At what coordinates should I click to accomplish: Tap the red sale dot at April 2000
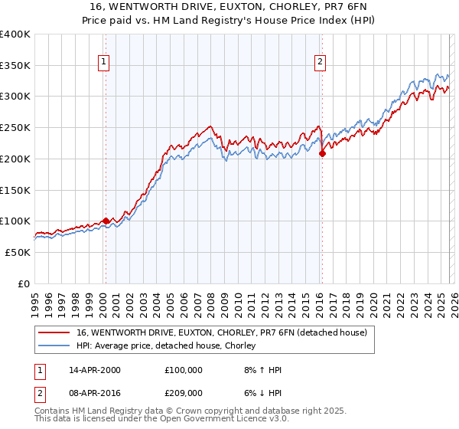106,221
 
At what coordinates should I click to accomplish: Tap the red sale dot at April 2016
322,153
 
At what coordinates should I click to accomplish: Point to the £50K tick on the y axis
18,252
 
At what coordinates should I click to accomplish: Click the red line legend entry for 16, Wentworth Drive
222,332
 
